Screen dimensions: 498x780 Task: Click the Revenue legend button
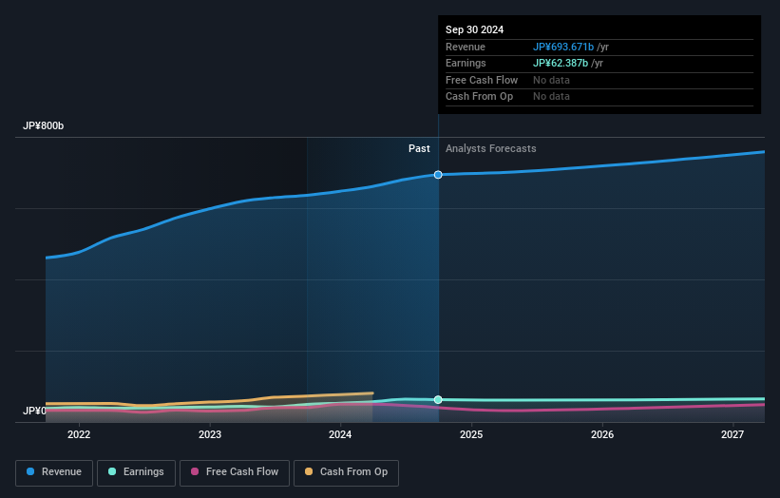pos(54,472)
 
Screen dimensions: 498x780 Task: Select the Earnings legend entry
pos(136,472)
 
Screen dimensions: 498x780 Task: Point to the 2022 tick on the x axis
pos(79,435)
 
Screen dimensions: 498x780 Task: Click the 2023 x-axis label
pos(210,435)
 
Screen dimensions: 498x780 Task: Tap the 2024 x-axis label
pos(340,435)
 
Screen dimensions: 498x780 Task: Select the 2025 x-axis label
pos(471,435)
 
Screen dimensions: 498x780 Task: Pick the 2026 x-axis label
pos(601,435)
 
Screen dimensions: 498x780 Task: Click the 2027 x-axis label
pos(732,435)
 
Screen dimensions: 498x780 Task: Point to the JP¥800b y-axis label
pos(44,126)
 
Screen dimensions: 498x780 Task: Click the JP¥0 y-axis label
pos(34,412)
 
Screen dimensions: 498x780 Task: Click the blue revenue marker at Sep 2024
pos(438,175)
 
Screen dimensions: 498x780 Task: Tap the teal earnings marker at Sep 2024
pos(438,400)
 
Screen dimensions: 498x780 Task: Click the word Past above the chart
pos(419,149)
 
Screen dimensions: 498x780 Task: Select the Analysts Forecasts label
pos(490,149)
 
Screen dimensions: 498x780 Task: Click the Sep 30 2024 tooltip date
pos(474,29)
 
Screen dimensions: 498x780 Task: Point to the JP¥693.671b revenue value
pos(563,47)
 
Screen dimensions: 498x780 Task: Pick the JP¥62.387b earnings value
pos(561,64)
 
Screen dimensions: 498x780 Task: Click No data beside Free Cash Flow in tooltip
pos(551,80)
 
